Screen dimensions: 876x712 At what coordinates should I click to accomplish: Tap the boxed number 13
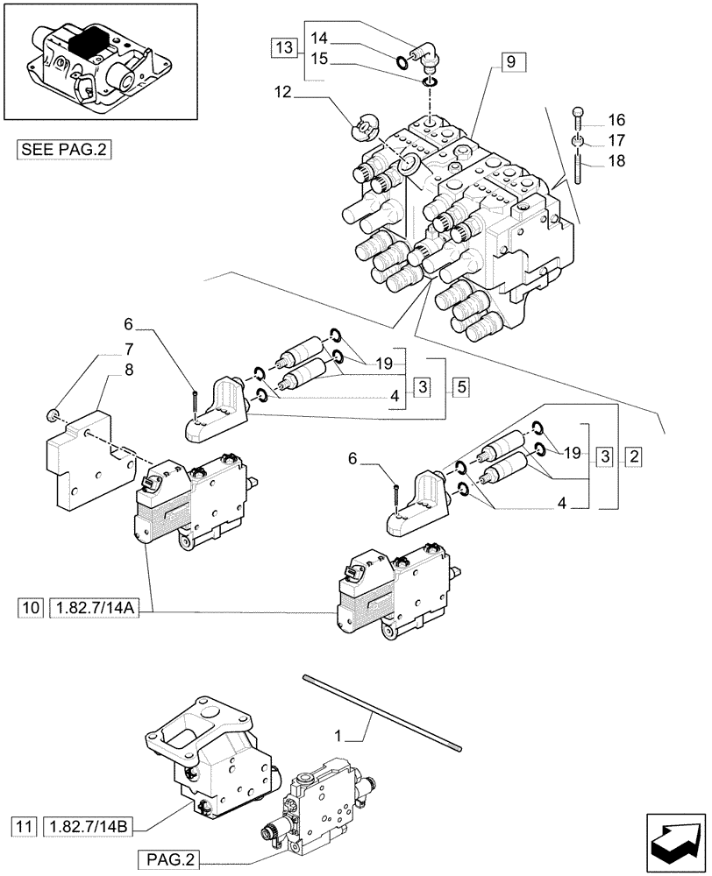click(x=284, y=47)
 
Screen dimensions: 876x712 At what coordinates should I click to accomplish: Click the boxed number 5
click(x=460, y=385)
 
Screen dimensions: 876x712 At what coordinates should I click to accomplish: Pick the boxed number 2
click(x=634, y=456)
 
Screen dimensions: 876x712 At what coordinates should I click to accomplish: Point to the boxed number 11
click(x=25, y=825)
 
